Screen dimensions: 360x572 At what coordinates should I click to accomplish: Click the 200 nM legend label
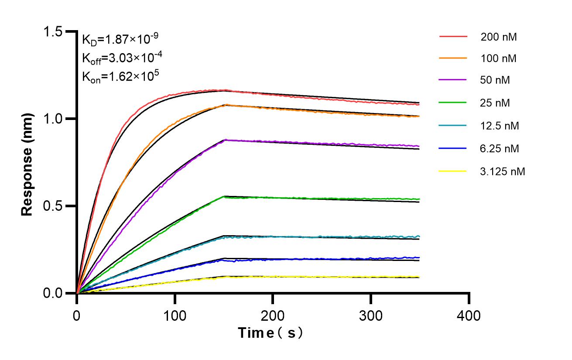pyautogui.click(x=499, y=37)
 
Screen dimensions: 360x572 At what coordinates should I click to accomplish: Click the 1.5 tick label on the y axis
pyautogui.click(x=53, y=31)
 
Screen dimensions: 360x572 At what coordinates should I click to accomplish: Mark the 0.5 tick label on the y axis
pyautogui.click(x=53, y=206)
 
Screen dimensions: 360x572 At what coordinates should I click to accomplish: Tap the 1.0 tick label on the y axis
pyautogui.click(x=53, y=119)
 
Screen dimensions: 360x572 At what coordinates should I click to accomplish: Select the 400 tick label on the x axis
pyautogui.click(x=469, y=315)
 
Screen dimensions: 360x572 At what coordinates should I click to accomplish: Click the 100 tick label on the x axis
pyautogui.click(x=175, y=315)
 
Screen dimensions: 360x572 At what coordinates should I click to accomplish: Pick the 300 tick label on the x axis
pyautogui.click(x=371, y=315)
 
